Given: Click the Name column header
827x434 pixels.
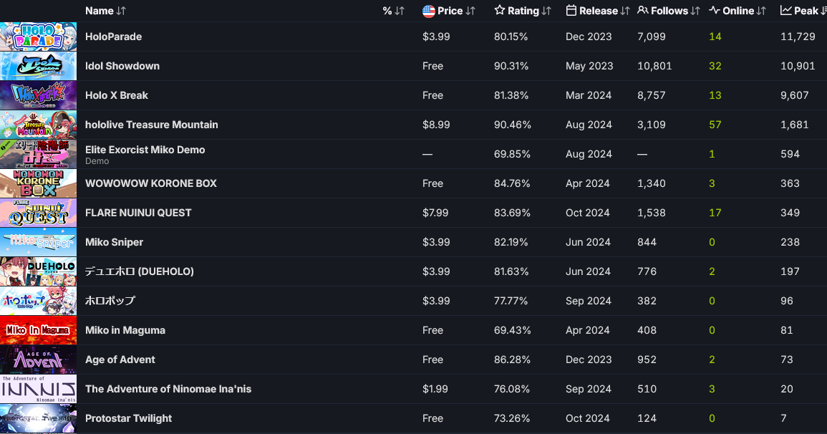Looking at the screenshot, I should [x=100, y=11].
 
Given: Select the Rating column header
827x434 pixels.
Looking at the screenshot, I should [x=523, y=11].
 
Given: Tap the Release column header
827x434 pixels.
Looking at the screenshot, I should [x=598, y=11].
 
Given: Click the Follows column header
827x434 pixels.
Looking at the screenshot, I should [x=669, y=11].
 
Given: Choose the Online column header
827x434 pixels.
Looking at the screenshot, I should [x=737, y=11].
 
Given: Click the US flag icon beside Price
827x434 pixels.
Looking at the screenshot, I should [x=429, y=11].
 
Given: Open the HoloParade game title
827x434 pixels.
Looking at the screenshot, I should [x=113, y=37].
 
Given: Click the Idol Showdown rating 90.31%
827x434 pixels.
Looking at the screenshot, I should [x=511, y=66].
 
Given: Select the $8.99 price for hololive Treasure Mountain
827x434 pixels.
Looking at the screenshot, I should [x=436, y=125].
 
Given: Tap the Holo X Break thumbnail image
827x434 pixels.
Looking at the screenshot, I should [x=38, y=95].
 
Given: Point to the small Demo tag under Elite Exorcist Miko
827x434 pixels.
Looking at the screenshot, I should [x=97, y=161].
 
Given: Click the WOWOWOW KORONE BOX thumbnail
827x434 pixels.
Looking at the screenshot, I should [x=38, y=183].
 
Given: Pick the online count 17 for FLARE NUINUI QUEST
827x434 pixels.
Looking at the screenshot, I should [x=715, y=213].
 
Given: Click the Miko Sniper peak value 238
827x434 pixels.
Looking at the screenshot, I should [x=790, y=242].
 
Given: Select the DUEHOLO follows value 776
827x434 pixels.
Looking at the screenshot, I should [x=647, y=271].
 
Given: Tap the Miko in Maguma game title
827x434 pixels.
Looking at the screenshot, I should [x=125, y=330].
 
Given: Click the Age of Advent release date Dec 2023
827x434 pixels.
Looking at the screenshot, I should [x=589, y=360].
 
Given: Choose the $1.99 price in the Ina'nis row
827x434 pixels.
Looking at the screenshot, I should [x=436, y=389].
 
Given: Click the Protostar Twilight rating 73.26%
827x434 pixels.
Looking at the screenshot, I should [x=511, y=418].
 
